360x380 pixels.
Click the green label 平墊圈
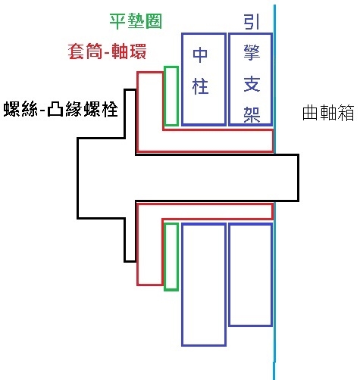136,21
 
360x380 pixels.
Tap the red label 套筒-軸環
107,51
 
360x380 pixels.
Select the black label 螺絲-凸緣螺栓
61,109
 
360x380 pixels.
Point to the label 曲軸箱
328,113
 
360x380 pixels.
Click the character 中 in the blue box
200,55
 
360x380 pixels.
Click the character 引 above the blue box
252,21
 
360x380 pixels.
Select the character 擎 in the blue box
252,52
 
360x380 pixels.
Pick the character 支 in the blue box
252,84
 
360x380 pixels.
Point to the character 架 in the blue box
252,114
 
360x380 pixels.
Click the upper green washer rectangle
171,96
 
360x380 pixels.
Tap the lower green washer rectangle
171,257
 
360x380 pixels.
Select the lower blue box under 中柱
204,285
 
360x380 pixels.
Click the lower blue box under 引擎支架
251,275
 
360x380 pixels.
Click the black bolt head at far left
101,178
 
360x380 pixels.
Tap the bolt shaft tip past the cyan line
287,178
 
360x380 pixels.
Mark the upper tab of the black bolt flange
130,114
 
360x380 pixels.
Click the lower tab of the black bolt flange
130,240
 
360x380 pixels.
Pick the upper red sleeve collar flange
150,101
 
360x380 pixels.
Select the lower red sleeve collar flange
150,252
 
